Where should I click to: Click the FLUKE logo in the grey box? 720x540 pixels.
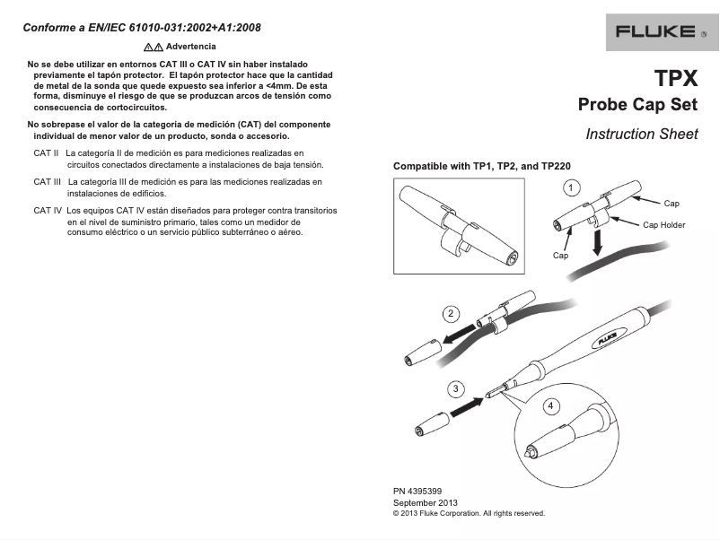click(654, 31)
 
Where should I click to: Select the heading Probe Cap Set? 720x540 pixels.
click(637, 105)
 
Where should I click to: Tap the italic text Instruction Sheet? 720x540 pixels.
click(641, 135)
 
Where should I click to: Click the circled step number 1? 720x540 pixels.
click(569, 187)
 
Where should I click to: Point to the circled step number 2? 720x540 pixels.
click(452, 313)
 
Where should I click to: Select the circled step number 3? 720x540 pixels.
click(457, 388)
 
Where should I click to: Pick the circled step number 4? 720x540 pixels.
click(549, 405)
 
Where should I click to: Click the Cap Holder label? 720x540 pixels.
click(663, 225)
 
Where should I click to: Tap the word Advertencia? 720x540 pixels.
click(190, 46)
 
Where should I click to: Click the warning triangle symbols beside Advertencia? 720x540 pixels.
click(153, 46)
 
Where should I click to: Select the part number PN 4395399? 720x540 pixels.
click(417, 492)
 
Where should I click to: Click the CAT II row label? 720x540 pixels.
click(46, 154)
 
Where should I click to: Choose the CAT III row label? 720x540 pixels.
click(48, 182)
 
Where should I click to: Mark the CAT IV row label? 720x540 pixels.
click(48, 211)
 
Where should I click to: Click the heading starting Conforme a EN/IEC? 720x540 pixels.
click(142, 27)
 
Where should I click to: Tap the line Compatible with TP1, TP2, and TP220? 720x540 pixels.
click(482, 167)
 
